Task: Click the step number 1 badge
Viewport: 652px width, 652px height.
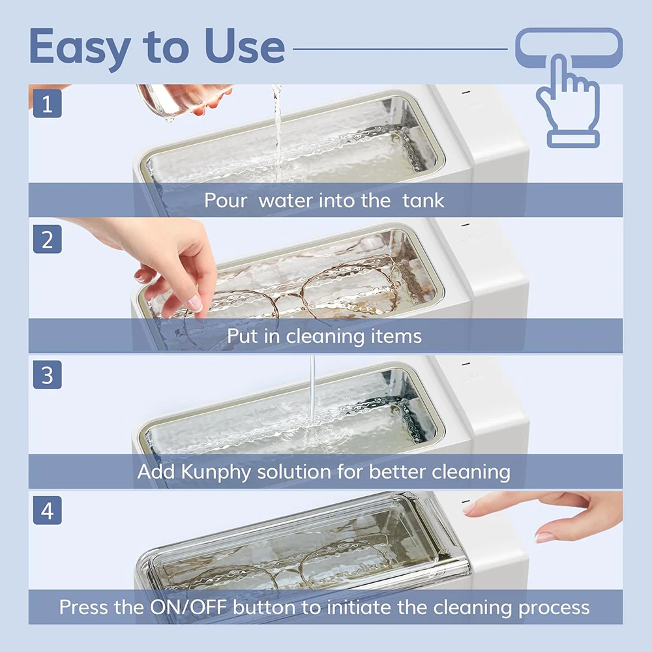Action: pos(47,104)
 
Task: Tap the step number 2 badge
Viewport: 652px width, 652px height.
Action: pos(47,239)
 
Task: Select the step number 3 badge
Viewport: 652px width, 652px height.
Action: pos(47,376)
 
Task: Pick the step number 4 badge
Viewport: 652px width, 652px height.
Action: pos(47,511)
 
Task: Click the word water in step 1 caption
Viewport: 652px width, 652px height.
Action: pos(286,200)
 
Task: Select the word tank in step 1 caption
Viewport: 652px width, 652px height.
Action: pos(423,200)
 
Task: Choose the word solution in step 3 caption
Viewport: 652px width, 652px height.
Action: pos(300,472)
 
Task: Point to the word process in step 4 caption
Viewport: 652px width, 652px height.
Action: pos(554,608)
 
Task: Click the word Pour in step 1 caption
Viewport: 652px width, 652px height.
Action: pos(226,200)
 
